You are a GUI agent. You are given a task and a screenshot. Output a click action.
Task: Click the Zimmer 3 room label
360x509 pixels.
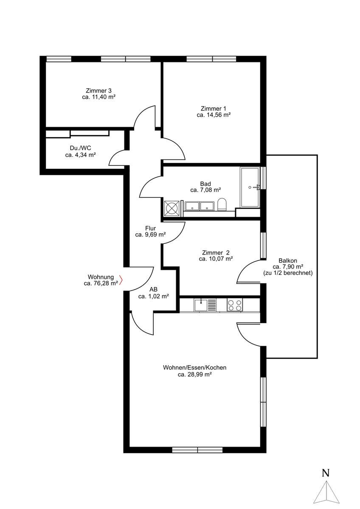[98, 90]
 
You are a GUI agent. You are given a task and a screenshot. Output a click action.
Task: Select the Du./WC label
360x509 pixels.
[80, 148]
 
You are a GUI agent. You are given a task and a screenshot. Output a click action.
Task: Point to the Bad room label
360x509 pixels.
[205, 184]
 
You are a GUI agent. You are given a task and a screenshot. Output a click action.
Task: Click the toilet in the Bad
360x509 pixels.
[222, 204]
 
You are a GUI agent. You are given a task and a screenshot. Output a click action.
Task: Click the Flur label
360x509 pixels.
[150, 228]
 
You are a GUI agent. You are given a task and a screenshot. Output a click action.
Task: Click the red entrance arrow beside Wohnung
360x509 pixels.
[121, 280]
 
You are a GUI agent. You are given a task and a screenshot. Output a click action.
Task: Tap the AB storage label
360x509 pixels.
[154, 289]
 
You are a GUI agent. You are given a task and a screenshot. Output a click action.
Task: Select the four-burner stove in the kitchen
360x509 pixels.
[235, 305]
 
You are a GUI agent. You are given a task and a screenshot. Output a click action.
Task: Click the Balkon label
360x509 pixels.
[288, 260]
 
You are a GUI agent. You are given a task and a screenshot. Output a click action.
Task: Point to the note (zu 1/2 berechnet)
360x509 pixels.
[288, 273]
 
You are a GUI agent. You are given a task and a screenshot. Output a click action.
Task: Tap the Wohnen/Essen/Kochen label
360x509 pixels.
[195, 367]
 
